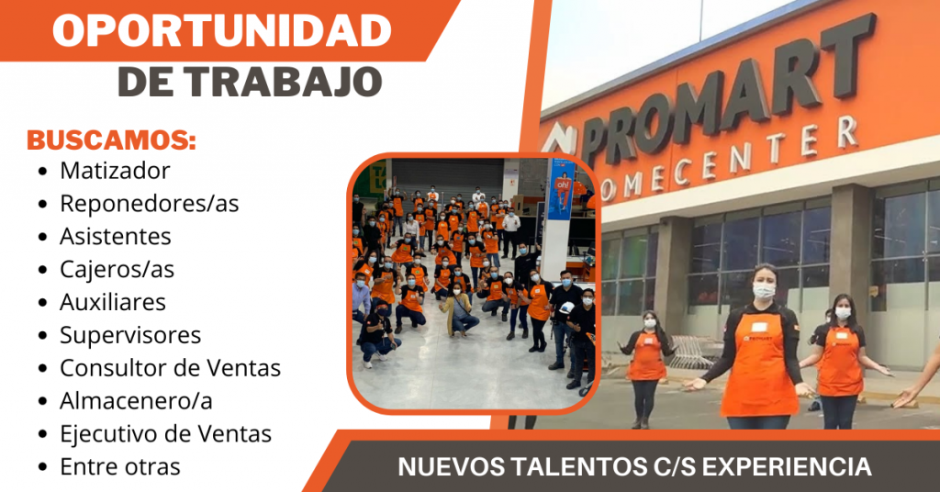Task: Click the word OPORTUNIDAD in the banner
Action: (222, 30)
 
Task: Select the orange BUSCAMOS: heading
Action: (111, 140)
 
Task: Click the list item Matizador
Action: (115, 171)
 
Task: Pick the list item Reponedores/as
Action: (150, 204)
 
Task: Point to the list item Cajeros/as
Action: (117, 270)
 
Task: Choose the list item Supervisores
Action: (130, 336)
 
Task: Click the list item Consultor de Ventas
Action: (170, 368)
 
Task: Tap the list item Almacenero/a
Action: (136, 401)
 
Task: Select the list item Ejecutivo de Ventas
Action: (165, 434)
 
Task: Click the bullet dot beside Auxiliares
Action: (42, 303)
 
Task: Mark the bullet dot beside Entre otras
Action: (42, 467)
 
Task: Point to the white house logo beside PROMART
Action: (557, 140)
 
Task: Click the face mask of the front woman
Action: (764, 291)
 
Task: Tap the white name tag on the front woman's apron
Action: (759, 327)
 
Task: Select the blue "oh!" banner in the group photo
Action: (562, 189)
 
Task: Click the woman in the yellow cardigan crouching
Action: (459, 310)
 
